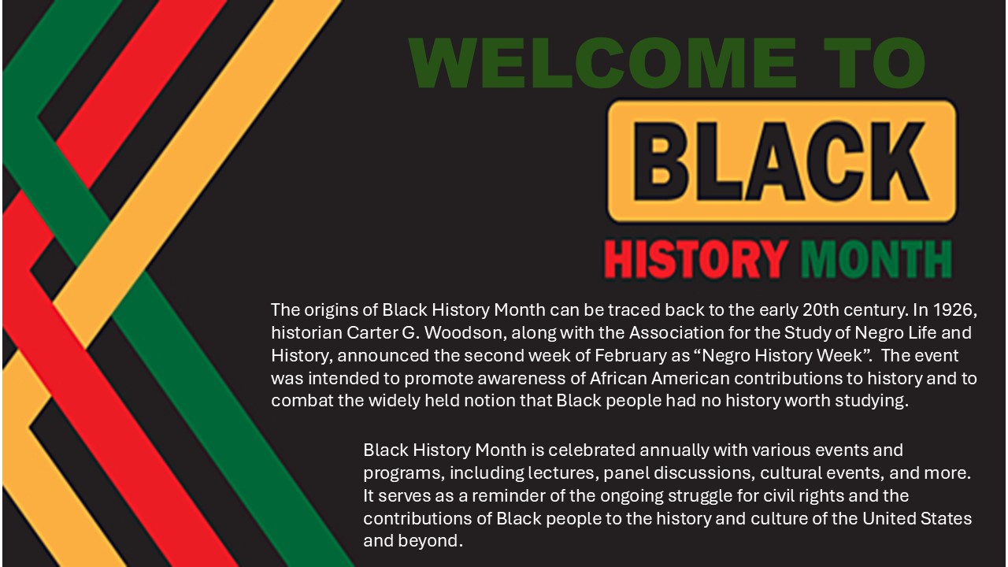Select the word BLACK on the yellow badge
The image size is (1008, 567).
coord(782,161)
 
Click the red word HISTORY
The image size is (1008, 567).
coord(695,260)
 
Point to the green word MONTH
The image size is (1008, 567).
coord(876,260)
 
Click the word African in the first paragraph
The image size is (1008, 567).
coord(618,379)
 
